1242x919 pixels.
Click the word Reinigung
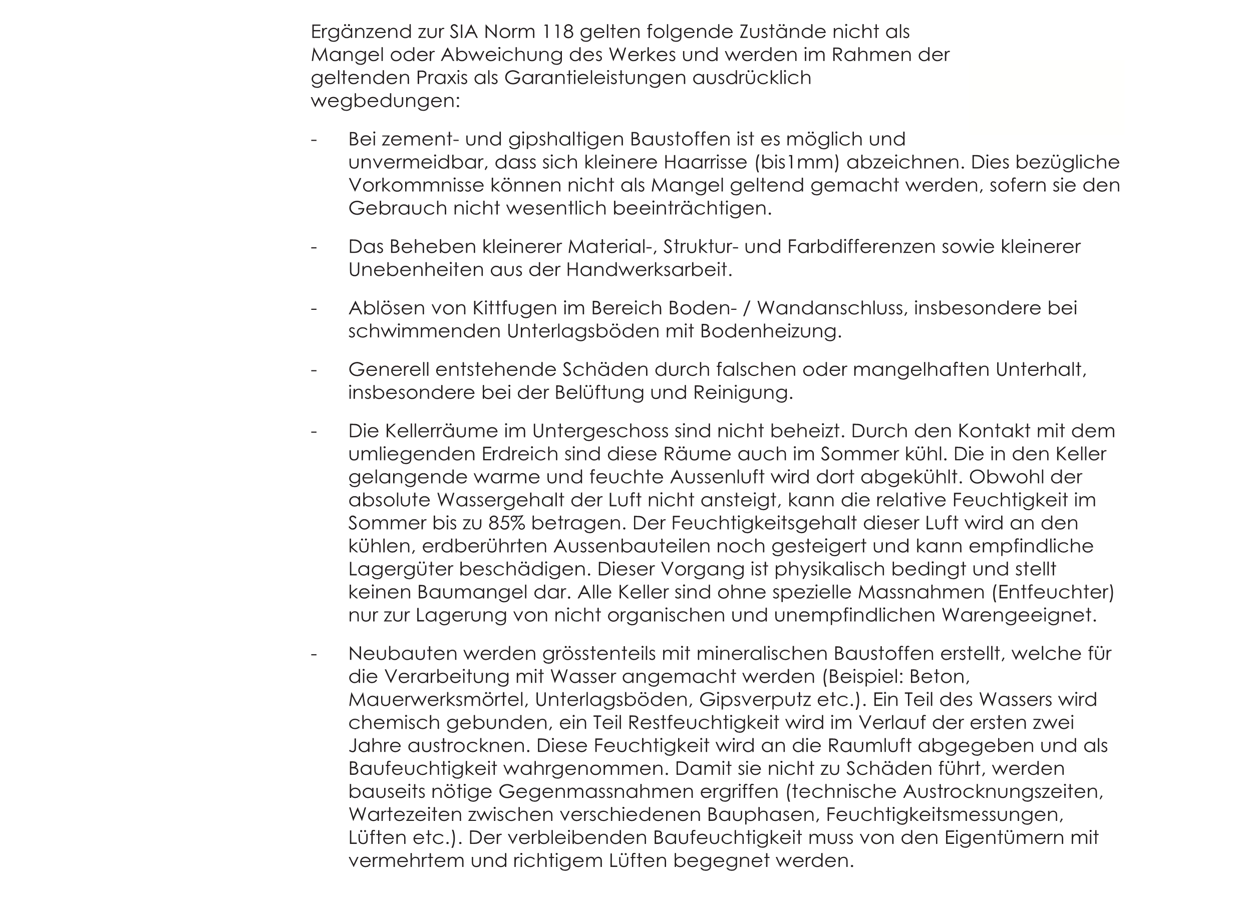pyautogui.click(x=742, y=393)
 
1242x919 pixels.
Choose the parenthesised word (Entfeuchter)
pyautogui.click(x=1053, y=593)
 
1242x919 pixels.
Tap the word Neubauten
pyautogui.click(x=399, y=654)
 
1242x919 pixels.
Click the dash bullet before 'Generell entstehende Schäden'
pyautogui.click(x=314, y=370)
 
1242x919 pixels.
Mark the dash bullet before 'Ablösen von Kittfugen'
pyautogui.click(x=314, y=308)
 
